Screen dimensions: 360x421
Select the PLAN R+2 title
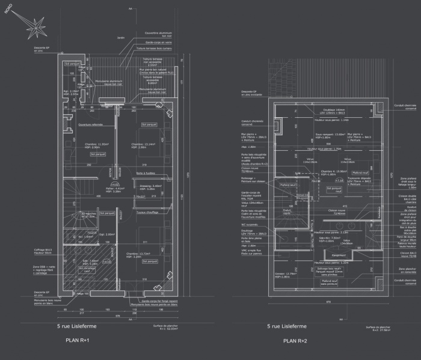(x=284, y=340)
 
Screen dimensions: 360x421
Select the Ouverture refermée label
(x=90, y=124)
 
